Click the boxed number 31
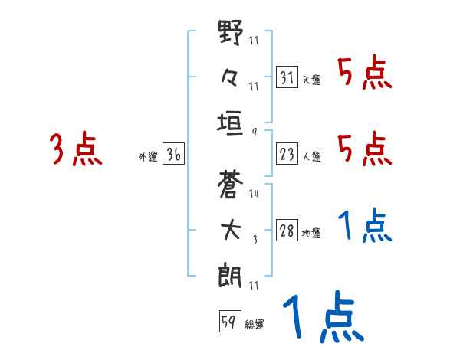(287, 77)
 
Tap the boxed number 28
(287, 231)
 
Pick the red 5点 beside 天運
(365, 74)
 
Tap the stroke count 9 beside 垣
(254, 131)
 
